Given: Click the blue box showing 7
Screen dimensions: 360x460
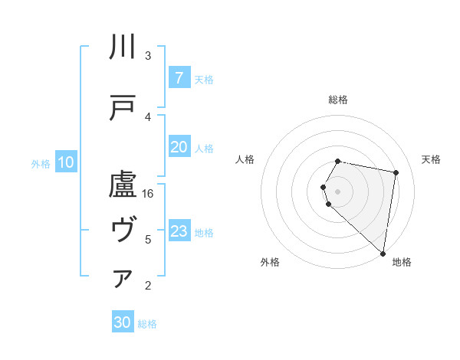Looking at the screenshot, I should (179, 78).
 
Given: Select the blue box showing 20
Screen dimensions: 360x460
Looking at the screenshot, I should (179, 147).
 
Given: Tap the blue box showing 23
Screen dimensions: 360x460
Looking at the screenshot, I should (179, 231).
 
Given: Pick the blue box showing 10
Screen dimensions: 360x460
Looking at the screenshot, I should (65, 162).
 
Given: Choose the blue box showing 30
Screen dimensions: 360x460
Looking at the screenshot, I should (123, 322).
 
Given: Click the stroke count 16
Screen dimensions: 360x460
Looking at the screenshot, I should (148, 194).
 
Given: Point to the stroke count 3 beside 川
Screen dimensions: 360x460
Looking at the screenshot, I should (148, 56).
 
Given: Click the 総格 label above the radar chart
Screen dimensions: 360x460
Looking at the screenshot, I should (338, 100).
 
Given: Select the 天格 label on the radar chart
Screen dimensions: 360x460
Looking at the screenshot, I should (431, 159).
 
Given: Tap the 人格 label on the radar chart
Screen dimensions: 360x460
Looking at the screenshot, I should (245, 159).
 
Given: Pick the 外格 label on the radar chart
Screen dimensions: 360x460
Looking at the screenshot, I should (270, 262).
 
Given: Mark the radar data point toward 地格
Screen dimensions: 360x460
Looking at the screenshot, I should (383, 254).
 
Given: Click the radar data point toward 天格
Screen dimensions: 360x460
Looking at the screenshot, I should (396, 173).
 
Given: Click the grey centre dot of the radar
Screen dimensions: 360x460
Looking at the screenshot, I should (338, 190).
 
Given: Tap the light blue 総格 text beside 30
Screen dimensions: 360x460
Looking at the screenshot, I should (147, 324).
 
